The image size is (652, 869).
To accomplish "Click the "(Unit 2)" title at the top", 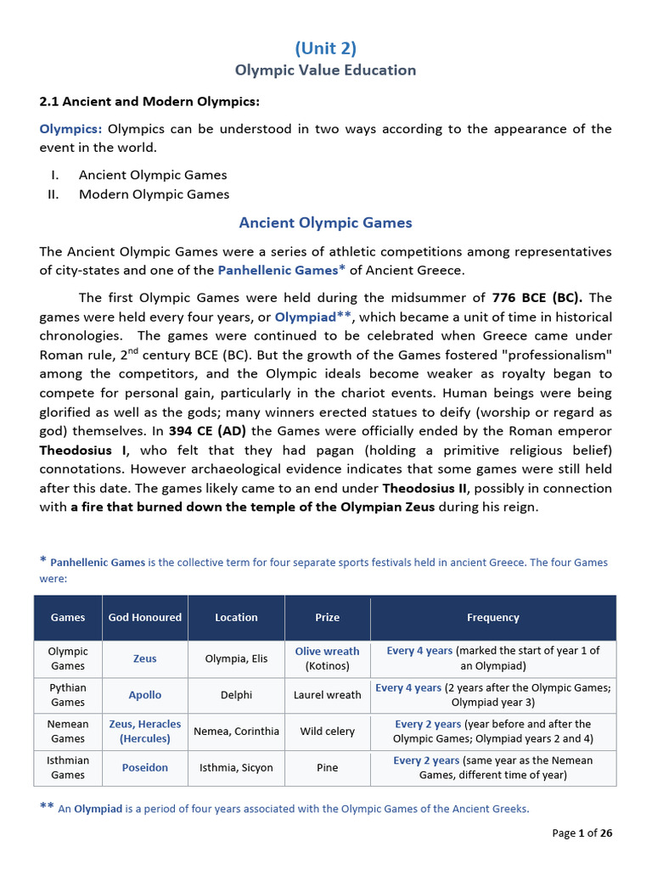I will (326, 48).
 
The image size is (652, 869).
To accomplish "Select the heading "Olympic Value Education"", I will (326, 70).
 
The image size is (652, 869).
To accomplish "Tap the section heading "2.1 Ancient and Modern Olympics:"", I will (149, 102).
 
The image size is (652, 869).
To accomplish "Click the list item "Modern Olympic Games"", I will (154, 194).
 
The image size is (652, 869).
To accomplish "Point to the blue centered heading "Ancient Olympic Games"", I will (326, 223).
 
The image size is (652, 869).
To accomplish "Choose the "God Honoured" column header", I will (145, 618).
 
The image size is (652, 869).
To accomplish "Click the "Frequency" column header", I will (492, 618).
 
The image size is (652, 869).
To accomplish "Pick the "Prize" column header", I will (327, 618).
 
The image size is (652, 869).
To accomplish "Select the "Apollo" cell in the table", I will (145, 695).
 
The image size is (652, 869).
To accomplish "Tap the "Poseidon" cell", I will (145, 768).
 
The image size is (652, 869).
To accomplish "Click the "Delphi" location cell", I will (236, 695).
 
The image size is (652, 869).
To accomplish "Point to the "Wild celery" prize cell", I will (327, 732).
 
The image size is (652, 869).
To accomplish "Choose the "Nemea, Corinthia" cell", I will (236, 732).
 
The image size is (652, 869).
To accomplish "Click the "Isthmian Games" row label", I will (68, 768).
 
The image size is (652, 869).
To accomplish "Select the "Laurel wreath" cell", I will (327, 695).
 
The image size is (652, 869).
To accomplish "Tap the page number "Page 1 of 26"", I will (582, 833).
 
